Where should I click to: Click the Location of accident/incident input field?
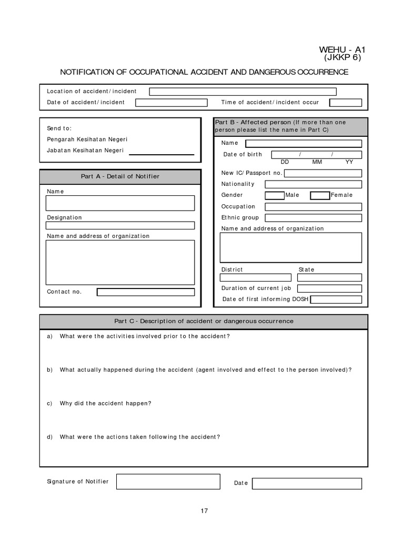click(x=243, y=92)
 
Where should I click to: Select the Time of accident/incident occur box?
click(x=346, y=103)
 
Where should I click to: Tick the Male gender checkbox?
click(x=274, y=195)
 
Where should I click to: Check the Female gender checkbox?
click(x=320, y=195)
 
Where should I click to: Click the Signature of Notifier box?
click(x=168, y=482)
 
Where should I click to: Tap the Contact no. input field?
click(x=146, y=292)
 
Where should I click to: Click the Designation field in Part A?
click(x=120, y=225)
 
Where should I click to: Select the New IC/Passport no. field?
click(x=323, y=173)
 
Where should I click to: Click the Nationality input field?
click(x=313, y=184)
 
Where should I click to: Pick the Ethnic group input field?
click(x=313, y=218)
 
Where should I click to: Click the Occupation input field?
click(x=313, y=207)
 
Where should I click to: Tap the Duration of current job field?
click(x=329, y=288)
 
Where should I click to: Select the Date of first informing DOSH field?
click(x=336, y=300)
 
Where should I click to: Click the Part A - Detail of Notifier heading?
click(x=120, y=176)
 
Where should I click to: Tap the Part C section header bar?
click(x=204, y=322)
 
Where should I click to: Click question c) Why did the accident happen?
click(x=105, y=403)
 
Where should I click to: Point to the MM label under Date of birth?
click(x=317, y=162)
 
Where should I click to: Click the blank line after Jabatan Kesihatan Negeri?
click(x=161, y=154)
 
